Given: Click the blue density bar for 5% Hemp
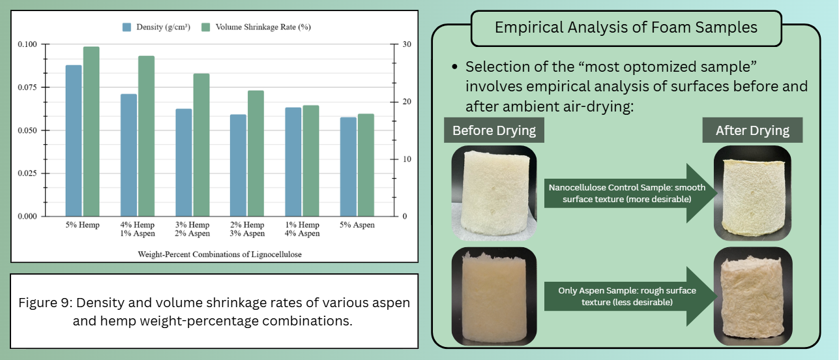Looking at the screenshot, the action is point(74,140).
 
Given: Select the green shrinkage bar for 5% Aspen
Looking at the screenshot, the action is point(366,165).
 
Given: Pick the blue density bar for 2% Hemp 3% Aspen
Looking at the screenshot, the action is point(238,165).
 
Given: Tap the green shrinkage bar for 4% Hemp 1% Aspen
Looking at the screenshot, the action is point(147,136).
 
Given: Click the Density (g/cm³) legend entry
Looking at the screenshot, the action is point(156,27).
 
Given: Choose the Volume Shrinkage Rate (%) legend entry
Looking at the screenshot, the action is point(256,27).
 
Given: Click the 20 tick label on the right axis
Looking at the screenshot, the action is point(407,102).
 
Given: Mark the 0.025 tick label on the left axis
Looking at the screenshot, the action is point(27,173).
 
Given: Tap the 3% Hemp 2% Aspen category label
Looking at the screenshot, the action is point(192,229).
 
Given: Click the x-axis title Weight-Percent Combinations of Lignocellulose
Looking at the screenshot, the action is point(220,254).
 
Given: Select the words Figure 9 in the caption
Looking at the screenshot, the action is point(45,303).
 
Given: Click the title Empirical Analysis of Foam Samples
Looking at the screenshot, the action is point(626,27).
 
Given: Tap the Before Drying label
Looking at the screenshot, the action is point(494,130).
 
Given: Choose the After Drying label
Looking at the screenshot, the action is point(752,130).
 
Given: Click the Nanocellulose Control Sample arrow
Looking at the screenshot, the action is point(631,193).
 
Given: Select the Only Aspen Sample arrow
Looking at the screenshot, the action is point(631,296).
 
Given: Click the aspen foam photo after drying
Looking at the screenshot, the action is point(753,296).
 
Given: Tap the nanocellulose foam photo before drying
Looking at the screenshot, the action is point(494,193).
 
